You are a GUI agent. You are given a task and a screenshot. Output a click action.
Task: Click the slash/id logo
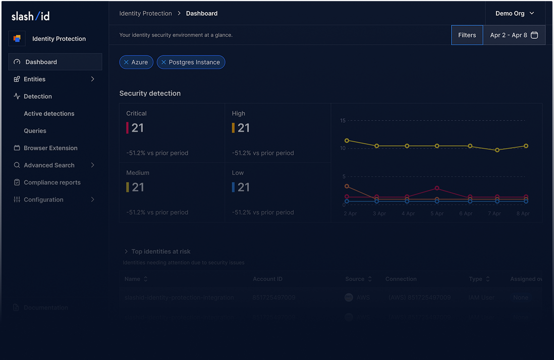(x=31, y=16)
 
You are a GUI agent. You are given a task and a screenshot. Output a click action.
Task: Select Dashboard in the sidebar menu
(x=41, y=62)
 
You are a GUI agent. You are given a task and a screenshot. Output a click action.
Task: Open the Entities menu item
(x=34, y=79)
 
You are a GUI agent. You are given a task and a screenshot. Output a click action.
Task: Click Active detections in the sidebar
(x=49, y=113)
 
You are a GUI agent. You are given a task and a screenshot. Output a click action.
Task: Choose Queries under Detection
(x=35, y=131)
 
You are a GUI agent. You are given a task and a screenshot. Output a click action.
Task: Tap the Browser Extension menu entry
(x=50, y=148)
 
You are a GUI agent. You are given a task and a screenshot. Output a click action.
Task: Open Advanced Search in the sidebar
(x=49, y=165)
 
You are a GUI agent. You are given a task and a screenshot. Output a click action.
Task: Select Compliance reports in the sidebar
(x=52, y=183)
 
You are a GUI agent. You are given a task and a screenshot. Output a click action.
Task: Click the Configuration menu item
(x=43, y=200)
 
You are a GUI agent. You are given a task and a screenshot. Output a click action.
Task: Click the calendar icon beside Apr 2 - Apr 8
(x=535, y=35)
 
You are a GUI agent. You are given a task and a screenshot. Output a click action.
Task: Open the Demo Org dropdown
(x=515, y=13)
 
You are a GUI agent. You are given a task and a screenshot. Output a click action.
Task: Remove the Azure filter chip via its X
(x=126, y=62)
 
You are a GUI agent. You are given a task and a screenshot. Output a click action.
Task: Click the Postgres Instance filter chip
(x=194, y=62)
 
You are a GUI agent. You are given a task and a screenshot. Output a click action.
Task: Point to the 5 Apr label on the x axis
(x=437, y=214)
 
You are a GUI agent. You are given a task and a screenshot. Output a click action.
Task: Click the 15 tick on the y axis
(x=343, y=121)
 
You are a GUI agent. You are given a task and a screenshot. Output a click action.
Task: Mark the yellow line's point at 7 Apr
(x=497, y=150)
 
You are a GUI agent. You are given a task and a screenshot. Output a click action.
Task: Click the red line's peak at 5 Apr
(x=437, y=188)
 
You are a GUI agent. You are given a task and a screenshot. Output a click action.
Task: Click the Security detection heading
(x=150, y=93)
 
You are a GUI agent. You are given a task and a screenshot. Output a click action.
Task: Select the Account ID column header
(x=267, y=279)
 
